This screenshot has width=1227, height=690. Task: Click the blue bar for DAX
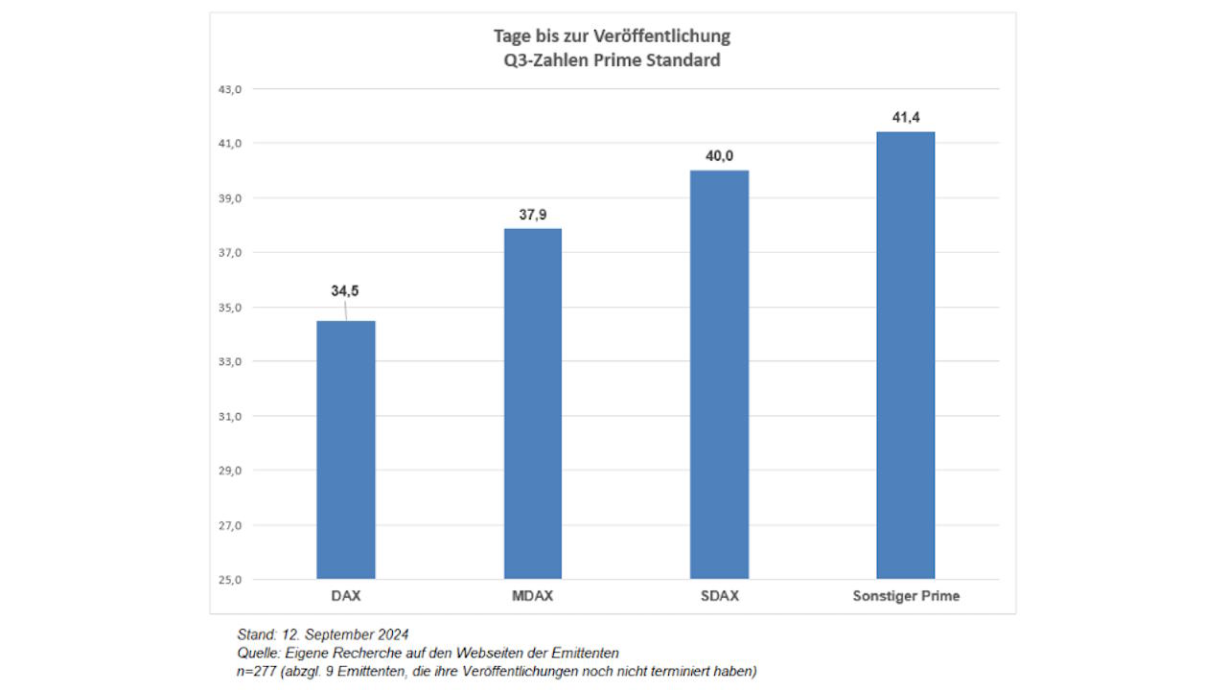tap(345, 450)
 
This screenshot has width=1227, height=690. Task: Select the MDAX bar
tap(532, 403)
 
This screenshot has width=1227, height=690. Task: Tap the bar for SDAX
tap(719, 375)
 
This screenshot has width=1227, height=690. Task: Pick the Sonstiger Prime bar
tap(906, 356)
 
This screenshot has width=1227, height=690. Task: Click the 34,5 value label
tap(345, 290)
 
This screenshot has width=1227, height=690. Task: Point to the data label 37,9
tap(533, 215)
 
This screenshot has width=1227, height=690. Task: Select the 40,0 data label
tap(719, 156)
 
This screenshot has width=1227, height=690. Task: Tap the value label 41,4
tap(906, 118)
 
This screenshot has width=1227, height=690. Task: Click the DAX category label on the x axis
tap(345, 596)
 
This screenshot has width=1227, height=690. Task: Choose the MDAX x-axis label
tap(532, 596)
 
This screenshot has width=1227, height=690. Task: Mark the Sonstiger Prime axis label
tap(906, 596)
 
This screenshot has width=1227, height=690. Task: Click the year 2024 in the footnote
tap(392, 634)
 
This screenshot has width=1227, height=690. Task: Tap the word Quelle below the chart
tap(259, 653)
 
